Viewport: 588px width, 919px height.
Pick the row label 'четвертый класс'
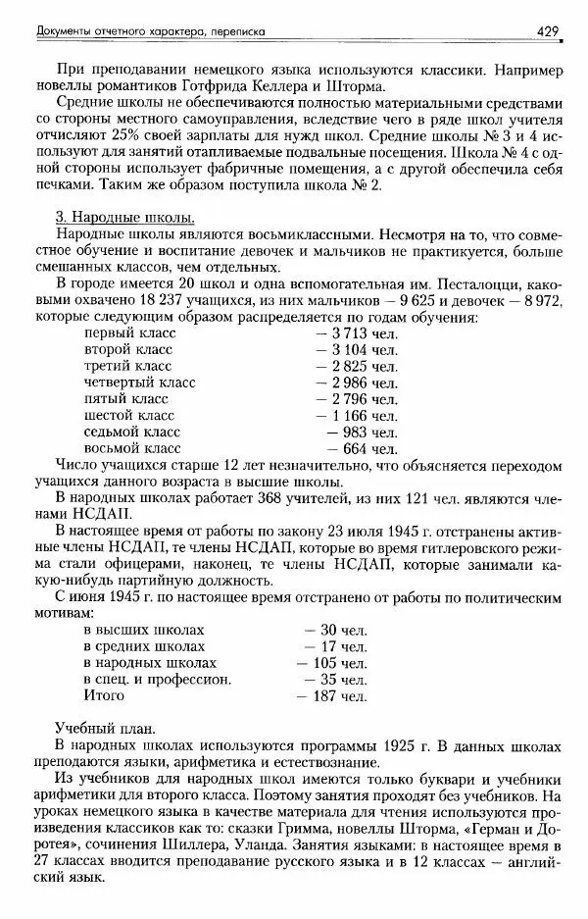click(x=133, y=383)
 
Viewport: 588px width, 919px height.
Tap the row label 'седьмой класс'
click(x=126, y=432)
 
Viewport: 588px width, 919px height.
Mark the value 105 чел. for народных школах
click(x=331, y=663)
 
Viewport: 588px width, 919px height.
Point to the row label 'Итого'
click(x=104, y=695)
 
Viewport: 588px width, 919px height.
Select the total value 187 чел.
click(x=331, y=696)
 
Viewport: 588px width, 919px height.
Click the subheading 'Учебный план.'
click(x=102, y=730)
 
